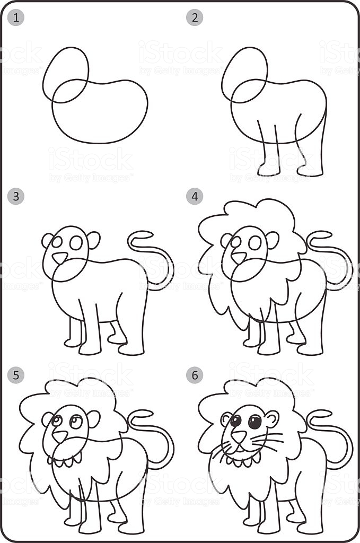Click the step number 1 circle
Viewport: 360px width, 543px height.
[16, 18]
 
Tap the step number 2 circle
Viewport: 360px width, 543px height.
[195, 18]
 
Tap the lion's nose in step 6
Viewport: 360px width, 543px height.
[239, 436]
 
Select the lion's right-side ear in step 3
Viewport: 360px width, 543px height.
[94, 240]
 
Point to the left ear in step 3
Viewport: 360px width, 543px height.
[48, 240]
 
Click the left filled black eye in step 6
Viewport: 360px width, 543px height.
[235, 421]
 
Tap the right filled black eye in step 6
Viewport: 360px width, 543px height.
[255, 422]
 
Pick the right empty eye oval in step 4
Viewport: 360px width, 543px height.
[255, 243]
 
